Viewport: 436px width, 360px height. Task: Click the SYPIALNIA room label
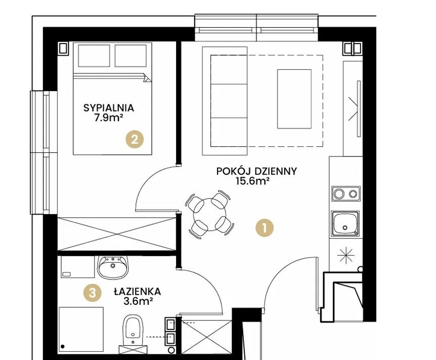[x=109, y=108]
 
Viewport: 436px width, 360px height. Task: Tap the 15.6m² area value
[x=253, y=181]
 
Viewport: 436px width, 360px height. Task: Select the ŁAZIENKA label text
[x=138, y=292]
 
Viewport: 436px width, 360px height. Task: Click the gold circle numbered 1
[x=265, y=228]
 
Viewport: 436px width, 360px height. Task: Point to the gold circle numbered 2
[x=135, y=139]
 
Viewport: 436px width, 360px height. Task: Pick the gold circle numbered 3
[x=93, y=293]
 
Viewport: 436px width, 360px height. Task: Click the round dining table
[x=210, y=214]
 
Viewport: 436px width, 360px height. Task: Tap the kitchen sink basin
[x=345, y=223]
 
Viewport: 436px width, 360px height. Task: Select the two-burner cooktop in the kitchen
[x=346, y=193]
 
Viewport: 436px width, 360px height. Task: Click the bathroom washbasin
[x=113, y=267]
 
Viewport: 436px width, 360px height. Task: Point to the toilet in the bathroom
[x=133, y=331]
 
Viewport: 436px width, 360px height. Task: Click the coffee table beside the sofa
[x=294, y=99]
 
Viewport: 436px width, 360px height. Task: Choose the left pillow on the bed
[x=94, y=56]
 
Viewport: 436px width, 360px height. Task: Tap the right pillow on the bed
[x=130, y=56]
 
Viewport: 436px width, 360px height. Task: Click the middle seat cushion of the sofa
[x=229, y=101]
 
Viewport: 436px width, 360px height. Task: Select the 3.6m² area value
[x=138, y=301]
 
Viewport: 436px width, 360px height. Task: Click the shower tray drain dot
[x=63, y=347]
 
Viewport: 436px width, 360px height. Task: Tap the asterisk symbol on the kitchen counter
[x=345, y=255]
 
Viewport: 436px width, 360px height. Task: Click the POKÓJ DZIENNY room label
[x=256, y=171]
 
